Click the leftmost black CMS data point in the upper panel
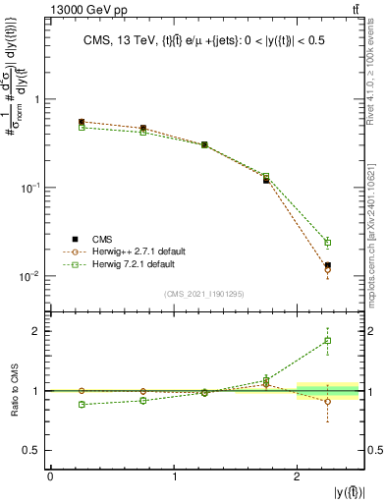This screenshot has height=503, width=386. coord(82,123)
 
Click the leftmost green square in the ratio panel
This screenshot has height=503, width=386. coord(82,405)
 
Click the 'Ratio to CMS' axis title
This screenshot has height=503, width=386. coord(13,390)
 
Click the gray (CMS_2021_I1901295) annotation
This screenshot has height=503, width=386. coord(203,293)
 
